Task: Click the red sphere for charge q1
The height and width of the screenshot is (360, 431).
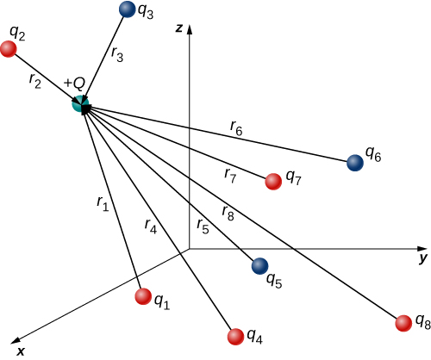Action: click(x=143, y=296)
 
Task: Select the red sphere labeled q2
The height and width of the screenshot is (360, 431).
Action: click(x=9, y=49)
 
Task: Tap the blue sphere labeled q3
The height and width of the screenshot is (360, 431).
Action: click(x=127, y=10)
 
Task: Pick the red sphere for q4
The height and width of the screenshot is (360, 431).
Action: click(x=234, y=336)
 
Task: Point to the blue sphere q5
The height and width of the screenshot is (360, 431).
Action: click(x=259, y=267)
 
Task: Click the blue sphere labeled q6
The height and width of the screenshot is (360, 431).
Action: click(x=354, y=162)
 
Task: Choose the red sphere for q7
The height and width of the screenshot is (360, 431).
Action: click(x=273, y=181)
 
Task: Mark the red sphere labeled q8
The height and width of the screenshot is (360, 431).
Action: click(x=403, y=324)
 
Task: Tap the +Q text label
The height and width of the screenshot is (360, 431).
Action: click(x=74, y=84)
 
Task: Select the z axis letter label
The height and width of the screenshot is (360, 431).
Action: click(x=177, y=28)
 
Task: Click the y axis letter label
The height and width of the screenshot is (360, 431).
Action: click(x=422, y=258)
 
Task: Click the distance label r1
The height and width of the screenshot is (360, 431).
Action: click(x=103, y=203)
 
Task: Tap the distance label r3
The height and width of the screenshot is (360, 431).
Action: click(x=117, y=53)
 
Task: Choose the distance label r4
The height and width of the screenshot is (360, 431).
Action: click(x=151, y=227)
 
